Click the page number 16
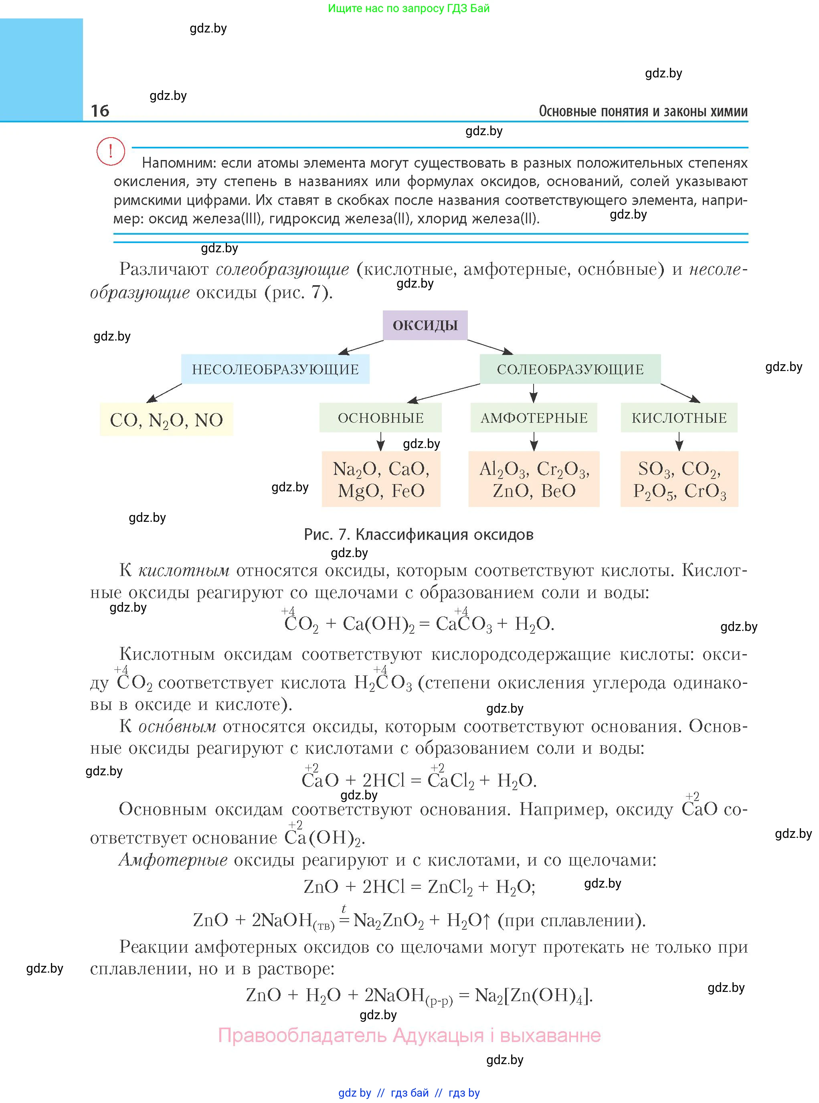coord(100,111)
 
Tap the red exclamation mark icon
coord(111,151)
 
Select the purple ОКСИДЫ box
coord(425,325)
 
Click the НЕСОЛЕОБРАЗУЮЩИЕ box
coord(275,369)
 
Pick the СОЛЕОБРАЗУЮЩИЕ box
coord(570,369)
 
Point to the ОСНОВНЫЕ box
coord(380,418)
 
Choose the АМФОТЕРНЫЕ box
coord(534,418)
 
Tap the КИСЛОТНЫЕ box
coord(679,418)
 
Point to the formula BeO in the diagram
coord(558,491)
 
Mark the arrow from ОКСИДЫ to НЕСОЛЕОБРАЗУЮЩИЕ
coord(360,347)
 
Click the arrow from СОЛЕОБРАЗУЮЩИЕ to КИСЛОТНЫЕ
coord(680,393)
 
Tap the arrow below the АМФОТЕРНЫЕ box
coord(534,441)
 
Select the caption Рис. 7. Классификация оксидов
coord(419,534)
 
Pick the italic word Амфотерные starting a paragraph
coord(173,860)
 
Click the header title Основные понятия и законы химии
coord(643,111)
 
